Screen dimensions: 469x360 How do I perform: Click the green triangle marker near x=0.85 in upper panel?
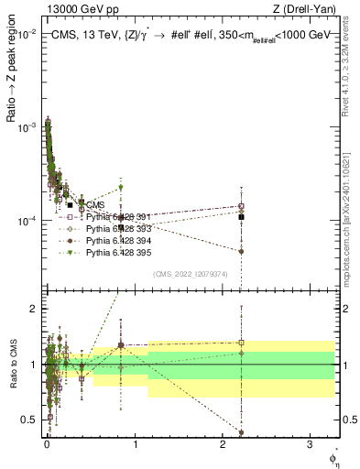click(x=121, y=189)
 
